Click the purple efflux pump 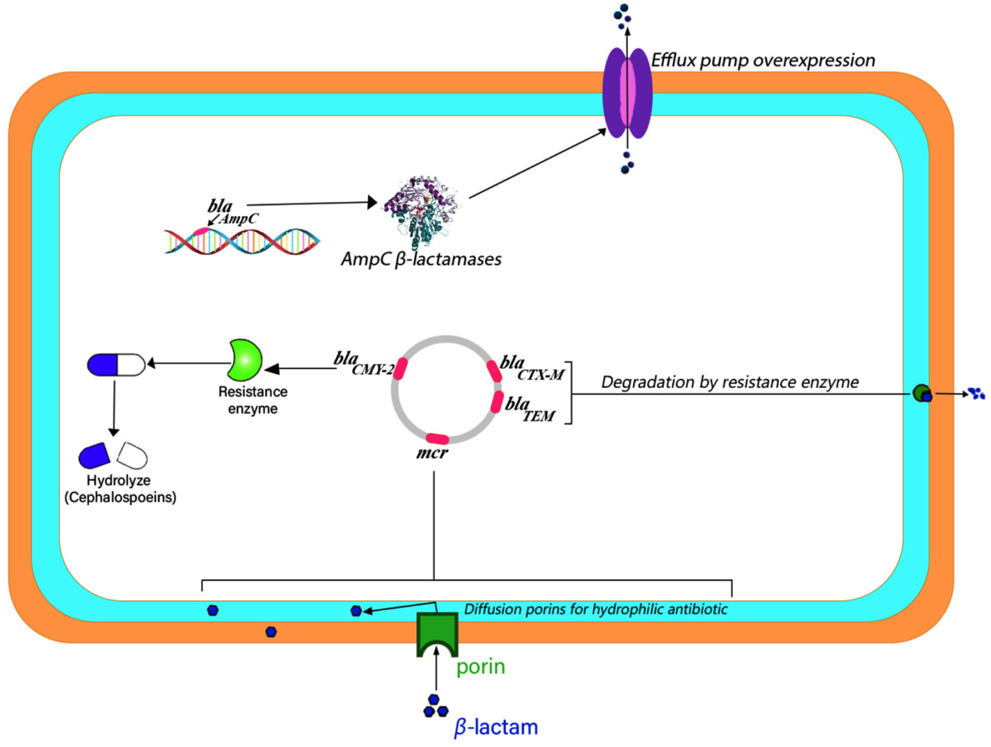[627, 94]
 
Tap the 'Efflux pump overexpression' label [763, 61]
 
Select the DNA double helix [242, 241]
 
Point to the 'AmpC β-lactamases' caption [421, 259]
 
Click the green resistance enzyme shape [245, 360]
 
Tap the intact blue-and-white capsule [116, 364]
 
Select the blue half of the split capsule [94, 456]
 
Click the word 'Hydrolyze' [119, 481]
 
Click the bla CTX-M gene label [532, 368]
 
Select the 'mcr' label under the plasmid [432, 453]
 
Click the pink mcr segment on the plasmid [437, 439]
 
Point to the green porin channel [437, 635]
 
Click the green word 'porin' [481, 666]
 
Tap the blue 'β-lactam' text [495, 727]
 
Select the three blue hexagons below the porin [435, 707]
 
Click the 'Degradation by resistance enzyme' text [730, 382]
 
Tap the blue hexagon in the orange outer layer [271, 632]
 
